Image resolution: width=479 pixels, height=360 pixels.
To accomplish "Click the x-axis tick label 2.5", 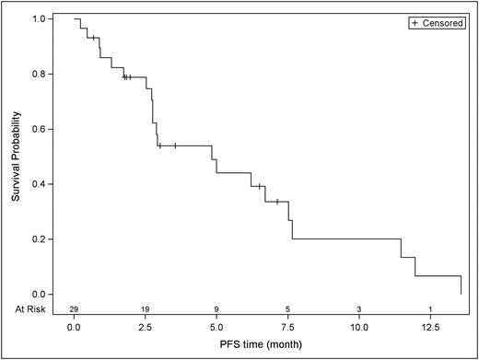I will pos(145,326).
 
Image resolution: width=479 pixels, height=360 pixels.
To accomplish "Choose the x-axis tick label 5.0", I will pos(216,326).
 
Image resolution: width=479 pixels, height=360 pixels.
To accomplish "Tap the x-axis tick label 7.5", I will pos(287,326).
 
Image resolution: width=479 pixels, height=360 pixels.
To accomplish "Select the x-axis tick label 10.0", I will pos(359,326).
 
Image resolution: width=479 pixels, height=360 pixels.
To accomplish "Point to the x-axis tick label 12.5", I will pos(430,326).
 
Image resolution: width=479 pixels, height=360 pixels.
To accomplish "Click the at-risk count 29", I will pos(74,309).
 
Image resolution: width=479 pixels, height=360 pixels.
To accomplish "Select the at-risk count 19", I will pos(145,309).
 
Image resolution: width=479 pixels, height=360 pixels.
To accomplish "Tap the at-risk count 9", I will pos(216,309).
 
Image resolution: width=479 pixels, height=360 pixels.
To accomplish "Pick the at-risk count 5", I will pos(287,309).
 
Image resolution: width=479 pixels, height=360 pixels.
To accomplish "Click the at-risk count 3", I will pos(359,309).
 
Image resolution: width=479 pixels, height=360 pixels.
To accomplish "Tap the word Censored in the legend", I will pos(441,22).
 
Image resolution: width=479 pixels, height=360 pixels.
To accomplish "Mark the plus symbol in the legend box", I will pos(416,22).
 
